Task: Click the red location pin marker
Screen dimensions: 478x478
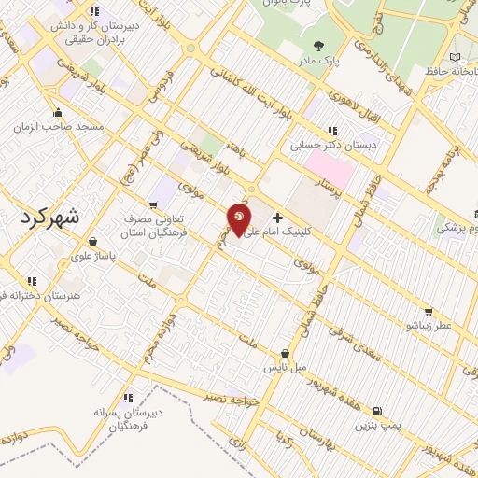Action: click(x=239, y=221)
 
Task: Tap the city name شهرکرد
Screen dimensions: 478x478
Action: click(x=63, y=217)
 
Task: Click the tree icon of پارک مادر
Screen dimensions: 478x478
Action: click(x=320, y=45)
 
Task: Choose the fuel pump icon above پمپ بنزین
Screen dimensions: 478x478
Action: click(x=376, y=410)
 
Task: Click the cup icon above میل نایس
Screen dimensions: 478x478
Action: click(x=285, y=354)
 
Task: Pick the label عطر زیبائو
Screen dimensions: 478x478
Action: click(x=427, y=326)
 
